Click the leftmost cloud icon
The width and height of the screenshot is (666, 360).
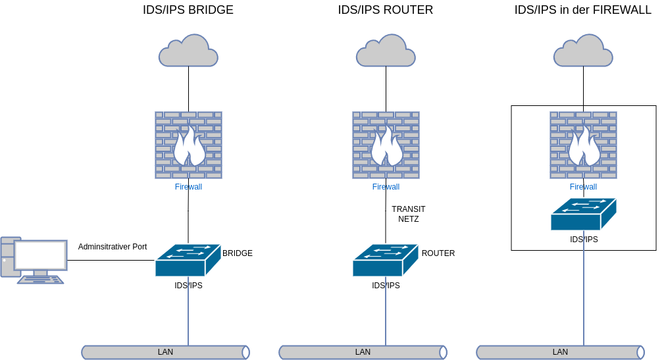[x=188, y=51]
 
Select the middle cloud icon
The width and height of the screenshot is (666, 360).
[x=386, y=51]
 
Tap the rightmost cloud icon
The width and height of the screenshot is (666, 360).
[x=583, y=51]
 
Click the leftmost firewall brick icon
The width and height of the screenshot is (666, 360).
[x=188, y=145]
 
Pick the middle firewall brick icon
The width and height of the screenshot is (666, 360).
[x=386, y=145]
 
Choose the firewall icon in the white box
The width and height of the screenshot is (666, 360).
[x=583, y=145]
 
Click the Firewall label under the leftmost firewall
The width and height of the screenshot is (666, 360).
[x=188, y=187]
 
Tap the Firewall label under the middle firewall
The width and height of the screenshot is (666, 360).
[x=386, y=187]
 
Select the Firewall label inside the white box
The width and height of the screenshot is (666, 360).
[x=583, y=187]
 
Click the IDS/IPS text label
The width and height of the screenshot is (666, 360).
[x=584, y=240]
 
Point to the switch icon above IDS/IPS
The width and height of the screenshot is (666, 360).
[x=583, y=215]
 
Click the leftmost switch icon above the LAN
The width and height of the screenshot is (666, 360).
[x=188, y=260]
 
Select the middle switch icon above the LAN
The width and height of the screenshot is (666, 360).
[x=386, y=260]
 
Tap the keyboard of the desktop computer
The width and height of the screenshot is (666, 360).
[x=40, y=280]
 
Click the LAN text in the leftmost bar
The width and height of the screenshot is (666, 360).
[x=165, y=352]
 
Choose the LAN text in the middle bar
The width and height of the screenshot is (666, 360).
[x=363, y=352]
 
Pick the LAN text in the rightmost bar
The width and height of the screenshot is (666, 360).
[x=560, y=352]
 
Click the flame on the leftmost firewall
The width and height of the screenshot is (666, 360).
[x=189, y=147]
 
